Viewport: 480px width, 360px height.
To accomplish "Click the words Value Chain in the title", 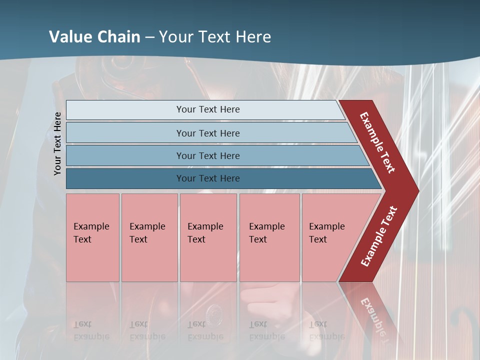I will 94,37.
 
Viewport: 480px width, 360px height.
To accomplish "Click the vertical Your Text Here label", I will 57,143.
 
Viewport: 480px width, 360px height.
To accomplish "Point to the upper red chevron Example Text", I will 377,143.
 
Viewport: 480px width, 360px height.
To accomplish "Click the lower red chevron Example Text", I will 378,236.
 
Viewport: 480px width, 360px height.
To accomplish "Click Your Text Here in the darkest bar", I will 208,178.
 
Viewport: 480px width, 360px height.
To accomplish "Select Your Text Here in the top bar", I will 208,109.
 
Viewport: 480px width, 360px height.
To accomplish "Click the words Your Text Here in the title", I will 215,37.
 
